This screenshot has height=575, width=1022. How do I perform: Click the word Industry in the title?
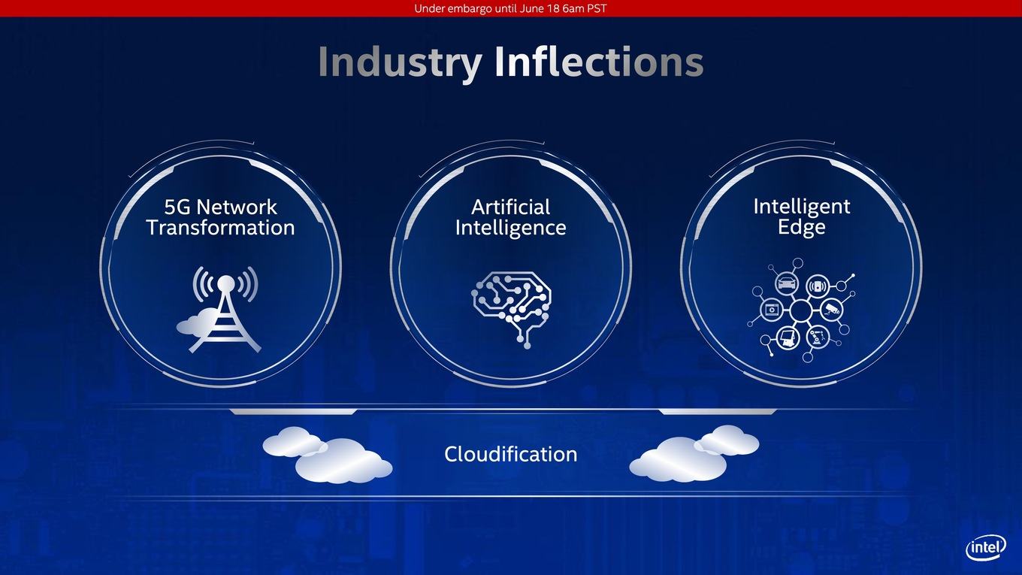(x=400, y=63)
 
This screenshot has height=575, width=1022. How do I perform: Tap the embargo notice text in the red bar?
(x=510, y=8)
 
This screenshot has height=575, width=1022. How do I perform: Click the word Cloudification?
(x=510, y=454)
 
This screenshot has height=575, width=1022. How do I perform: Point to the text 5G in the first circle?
(x=177, y=207)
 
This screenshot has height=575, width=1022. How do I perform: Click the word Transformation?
(x=220, y=227)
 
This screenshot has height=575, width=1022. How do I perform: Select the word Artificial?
(x=510, y=207)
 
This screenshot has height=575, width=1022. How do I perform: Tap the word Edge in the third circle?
(x=801, y=227)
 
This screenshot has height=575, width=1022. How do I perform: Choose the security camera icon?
(x=832, y=310)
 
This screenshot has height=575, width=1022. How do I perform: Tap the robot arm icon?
(x=817, y=337)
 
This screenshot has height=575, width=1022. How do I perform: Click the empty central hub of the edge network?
(x=801, y=310)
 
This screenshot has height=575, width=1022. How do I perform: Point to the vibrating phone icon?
(x=818, y=286)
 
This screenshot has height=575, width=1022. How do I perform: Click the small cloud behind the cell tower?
(x=197, y=321)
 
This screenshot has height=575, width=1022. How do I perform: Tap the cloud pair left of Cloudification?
(x=327, y=455)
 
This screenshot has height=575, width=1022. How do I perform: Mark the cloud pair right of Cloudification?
(x=694, y=453)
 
